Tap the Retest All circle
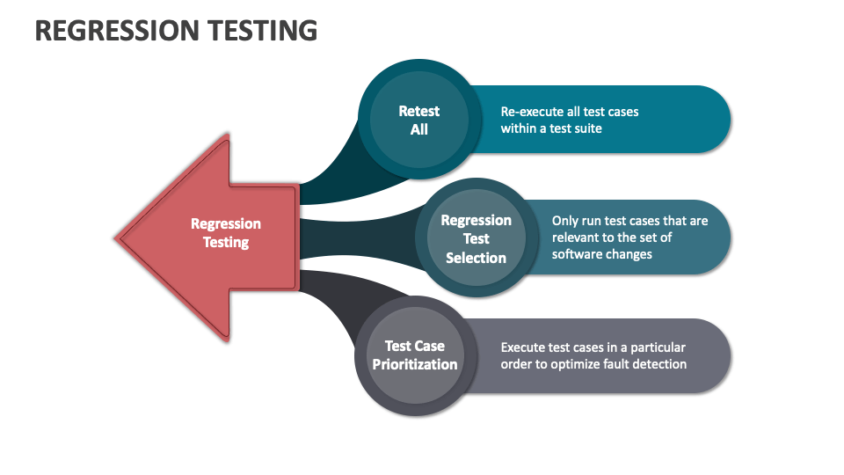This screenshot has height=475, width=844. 418,120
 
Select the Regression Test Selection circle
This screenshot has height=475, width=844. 476,238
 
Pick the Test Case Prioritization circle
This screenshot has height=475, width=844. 415,354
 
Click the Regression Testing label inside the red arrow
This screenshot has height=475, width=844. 226,233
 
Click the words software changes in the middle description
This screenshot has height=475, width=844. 602,254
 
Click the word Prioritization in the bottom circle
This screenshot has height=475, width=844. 415,364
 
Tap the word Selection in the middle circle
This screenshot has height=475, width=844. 476,258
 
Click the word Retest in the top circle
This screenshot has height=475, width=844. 418,111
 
